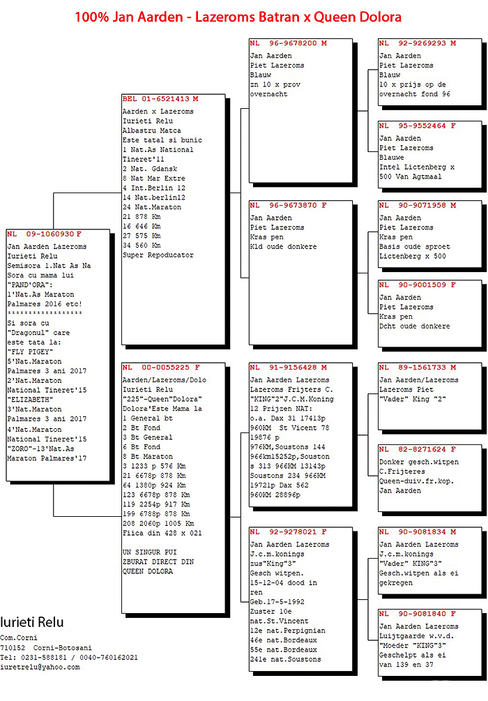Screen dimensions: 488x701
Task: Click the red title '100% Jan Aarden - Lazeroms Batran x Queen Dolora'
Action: (238, 17)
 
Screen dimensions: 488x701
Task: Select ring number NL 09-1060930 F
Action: (44, 234)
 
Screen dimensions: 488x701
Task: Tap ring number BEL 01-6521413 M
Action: (160, 99)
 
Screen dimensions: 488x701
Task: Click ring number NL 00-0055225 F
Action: (161, 368)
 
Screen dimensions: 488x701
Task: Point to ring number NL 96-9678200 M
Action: (288, 43)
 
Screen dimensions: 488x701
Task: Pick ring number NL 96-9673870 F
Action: (288, 206)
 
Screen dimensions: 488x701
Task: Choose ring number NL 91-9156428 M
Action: (288, 368)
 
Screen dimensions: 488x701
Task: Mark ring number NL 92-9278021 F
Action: (288, 532)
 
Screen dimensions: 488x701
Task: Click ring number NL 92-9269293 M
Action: (418, 43)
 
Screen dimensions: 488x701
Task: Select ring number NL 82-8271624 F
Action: (418, 449)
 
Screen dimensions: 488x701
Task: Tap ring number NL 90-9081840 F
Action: (418, 614)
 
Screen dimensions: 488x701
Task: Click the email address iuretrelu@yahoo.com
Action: (40, 667)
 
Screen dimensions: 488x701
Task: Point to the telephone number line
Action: (69, 658)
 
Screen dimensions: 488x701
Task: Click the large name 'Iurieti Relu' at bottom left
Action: (32, 622)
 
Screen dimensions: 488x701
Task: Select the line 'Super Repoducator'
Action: (158, 255)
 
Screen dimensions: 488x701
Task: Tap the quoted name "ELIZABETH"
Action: (31, 400)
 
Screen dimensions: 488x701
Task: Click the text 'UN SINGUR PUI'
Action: (150, 552)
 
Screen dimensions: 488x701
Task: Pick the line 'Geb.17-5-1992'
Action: (277, 602)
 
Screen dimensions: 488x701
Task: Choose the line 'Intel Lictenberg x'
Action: (417, 167)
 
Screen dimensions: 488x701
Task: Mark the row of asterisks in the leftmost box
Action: (45, 313)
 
